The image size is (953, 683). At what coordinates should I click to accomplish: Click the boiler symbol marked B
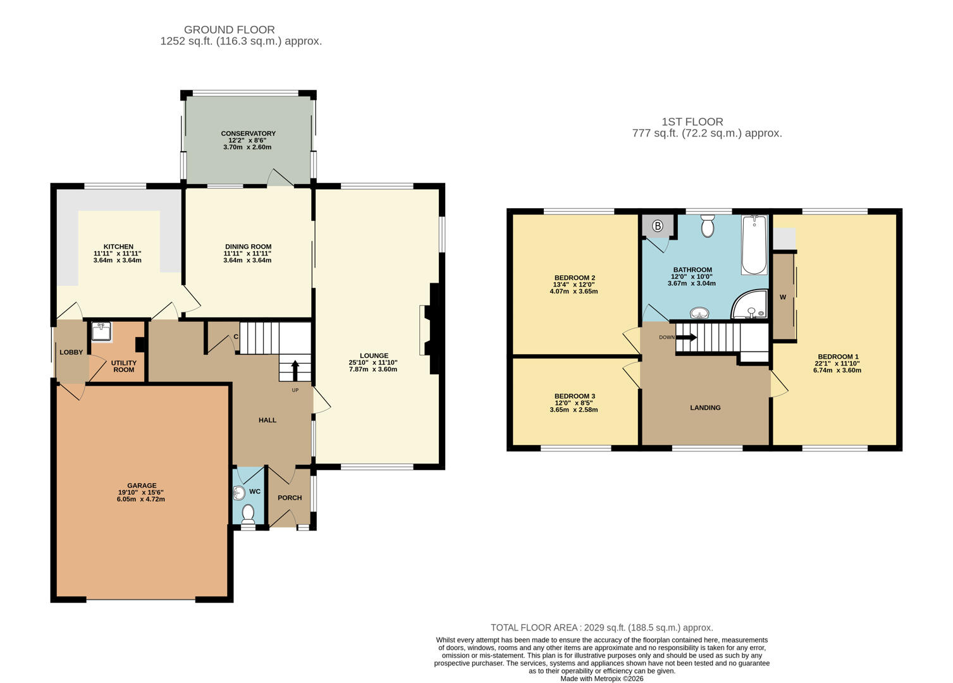pyautogui.click(x=657, y=226)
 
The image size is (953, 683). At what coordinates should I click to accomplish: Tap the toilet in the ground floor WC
pyautogui.click(x=249, y=513)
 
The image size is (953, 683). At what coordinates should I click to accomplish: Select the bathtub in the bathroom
pyautogui.click(x=754, y=245)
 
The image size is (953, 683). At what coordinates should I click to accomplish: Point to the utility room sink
pyautogui.click(x=101, y=331)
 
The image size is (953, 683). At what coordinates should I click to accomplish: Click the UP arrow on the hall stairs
pyautogui.click(x=295, y=370)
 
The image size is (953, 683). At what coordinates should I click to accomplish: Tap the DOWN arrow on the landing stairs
pyautogui.click(x=686, y=337)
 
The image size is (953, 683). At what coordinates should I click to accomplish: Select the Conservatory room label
pyautogui.click(x=248, y=133)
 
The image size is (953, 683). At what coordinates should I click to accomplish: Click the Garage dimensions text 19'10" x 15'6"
pyautogui.click(x=141, y=493)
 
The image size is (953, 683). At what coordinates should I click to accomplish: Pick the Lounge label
pyautogui.click(x=374, y=355)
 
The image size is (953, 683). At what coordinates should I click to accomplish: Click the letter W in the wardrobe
pyautogui.click(x=783, y=297)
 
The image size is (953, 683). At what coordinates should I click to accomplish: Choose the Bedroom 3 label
pyautogui.click(x=574, y=397)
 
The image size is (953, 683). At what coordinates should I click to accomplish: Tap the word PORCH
pyautogui.click(x=290, y=498)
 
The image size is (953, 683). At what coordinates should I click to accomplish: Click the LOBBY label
pyautogui.click(x=71, y=352)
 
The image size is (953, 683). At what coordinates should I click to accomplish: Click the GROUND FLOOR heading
pyautogui.click(x=229, y=30)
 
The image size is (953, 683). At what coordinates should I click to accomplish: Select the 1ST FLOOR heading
pyautogui.click(x=692, y=121)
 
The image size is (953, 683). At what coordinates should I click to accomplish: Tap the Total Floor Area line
pyautogui.click(x=601, y=627)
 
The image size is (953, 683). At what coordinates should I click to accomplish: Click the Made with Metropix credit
pyautogui.click(x=601, y=679)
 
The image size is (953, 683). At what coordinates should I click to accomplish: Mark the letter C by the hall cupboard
pyautogui.click(x=236, y=336)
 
